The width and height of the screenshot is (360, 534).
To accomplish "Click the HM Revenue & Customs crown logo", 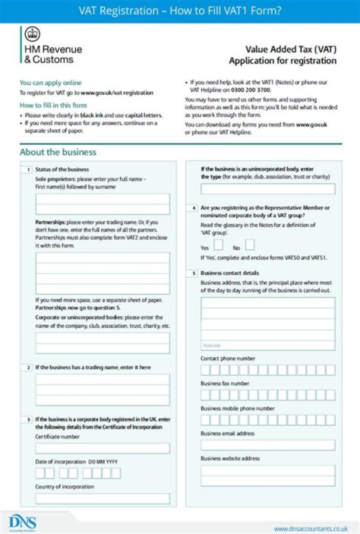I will (x=32, y=34).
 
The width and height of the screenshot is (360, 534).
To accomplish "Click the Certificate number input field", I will (x=102, y=448).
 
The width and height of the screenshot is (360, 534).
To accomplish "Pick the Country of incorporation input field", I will (x=102, y=499).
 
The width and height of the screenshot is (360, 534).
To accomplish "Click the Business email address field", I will (x=268, y=445).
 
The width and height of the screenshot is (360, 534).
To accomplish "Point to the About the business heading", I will (x=58, y=152).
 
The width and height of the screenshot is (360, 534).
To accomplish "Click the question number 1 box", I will (x=28, y=170).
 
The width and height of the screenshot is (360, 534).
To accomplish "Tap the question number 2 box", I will (x=28, y=368).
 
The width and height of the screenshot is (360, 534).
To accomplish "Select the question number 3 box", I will (x=28, y=420).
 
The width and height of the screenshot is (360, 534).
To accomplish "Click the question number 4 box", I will (x=193, y=207).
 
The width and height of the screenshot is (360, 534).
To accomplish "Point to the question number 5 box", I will (x=193, y=274).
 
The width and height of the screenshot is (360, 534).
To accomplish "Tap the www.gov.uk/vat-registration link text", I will (x=117, y=93).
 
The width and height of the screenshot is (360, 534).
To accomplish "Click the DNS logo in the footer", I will (x=22, y=523).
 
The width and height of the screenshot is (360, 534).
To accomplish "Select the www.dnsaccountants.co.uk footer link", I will (x=310, y=528).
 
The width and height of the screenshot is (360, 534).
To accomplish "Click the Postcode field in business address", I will (x=268, y=345).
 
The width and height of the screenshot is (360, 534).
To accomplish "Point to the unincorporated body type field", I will (x=268, y=189).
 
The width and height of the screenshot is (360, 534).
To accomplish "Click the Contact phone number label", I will (x=228, y=359).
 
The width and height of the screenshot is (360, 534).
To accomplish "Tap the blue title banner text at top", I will (x=180, y=10).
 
